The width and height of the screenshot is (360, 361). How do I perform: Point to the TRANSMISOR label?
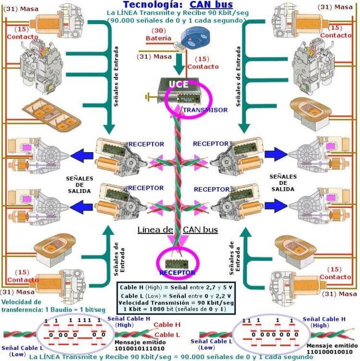click(x=205, y=109)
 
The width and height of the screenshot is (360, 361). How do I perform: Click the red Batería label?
click(x=158, y=38)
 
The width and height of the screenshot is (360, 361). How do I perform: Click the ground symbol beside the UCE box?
click(x=147, y=94)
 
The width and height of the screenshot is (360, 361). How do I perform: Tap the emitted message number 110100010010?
click(x=332, y=351)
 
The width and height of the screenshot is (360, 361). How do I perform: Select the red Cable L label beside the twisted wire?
click(x=167, y=334)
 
